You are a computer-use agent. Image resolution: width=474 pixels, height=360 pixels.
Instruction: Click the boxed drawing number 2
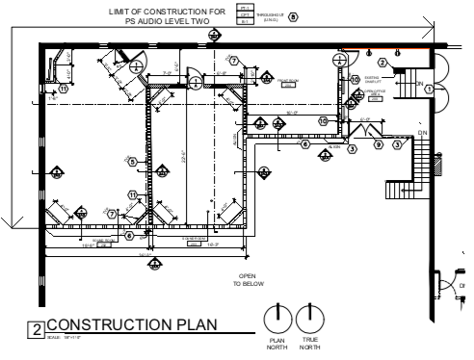click(x=37, y=330)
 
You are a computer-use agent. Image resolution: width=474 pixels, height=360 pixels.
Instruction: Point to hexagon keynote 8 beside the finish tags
click(x=293, y=16)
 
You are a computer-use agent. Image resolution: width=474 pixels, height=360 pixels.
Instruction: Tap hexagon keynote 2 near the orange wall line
click(x=382, y=63)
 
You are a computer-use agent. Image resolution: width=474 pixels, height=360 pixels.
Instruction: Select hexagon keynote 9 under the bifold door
click(x=379, y=145)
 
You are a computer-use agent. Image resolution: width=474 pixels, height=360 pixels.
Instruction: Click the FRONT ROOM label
click(x=287, y=82)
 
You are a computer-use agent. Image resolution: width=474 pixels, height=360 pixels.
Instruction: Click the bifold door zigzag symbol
click(x=365, y=132)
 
